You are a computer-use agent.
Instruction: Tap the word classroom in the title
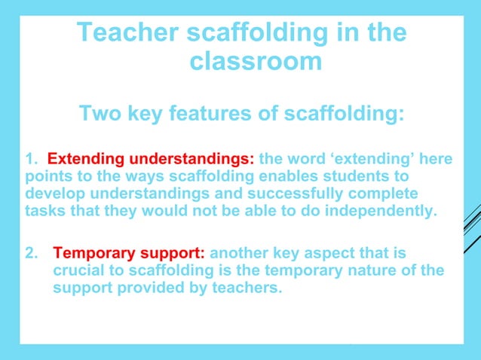(256, 62)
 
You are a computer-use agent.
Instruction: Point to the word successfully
(275, 194)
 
